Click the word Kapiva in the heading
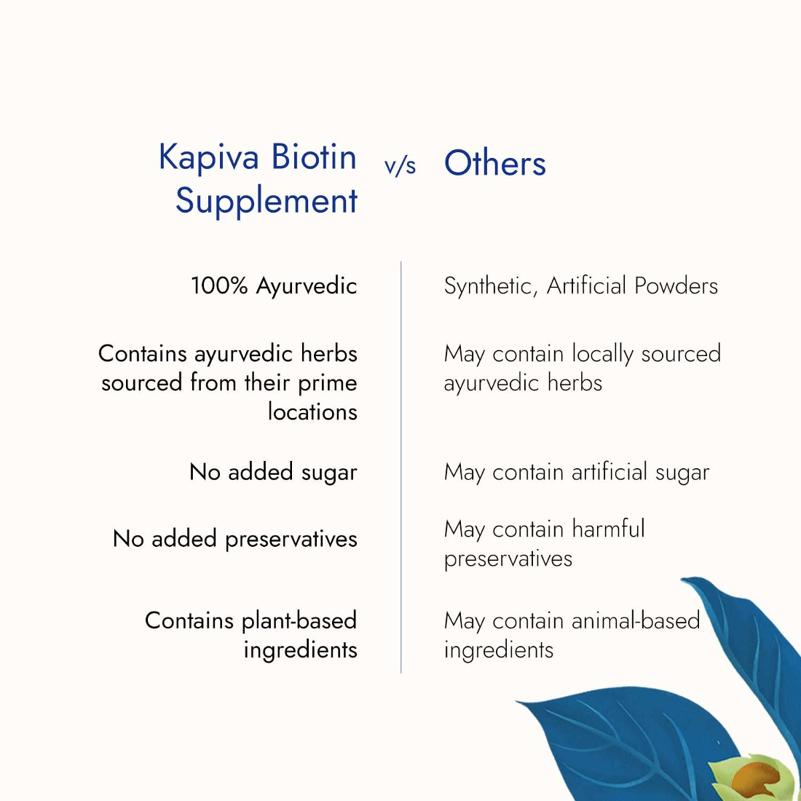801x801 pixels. (208, 158)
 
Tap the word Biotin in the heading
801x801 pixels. (314, 157)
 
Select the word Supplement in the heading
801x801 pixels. (266, 201)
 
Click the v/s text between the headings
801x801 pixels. (400, 167)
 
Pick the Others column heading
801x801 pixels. (495, 163)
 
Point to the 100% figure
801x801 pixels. (219, 285)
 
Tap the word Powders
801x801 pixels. (675, 285)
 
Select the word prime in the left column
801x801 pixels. (328, 384)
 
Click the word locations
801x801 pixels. (312, 411)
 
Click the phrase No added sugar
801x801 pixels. (273, 472)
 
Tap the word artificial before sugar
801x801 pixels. (609, 472)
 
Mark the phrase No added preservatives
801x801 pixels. (235, 540)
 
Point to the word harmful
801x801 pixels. (609, 529)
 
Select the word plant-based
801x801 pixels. (299, 621)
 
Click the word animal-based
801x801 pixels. (636, 620)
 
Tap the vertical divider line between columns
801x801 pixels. (401, 467)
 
